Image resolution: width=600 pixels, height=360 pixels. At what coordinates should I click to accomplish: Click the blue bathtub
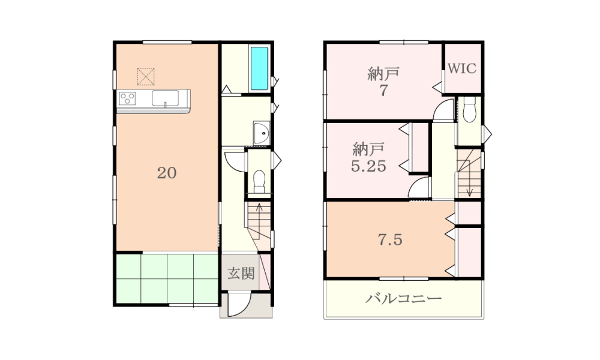[x=259, y=68]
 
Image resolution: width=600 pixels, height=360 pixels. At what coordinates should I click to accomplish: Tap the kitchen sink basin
[x=165, y=98]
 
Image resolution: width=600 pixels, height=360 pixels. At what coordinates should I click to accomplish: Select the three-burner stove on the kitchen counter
[x=127, y=98]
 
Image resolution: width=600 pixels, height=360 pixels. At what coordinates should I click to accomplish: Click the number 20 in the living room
[x=167, y=173]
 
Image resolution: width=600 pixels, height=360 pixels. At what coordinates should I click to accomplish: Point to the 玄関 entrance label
[x=241, y=273]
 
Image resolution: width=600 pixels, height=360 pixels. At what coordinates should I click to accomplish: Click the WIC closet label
[x=462, y=68]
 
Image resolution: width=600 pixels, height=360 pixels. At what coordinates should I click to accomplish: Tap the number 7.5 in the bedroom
[x=390, y=239]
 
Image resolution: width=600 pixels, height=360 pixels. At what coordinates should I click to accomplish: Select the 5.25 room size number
[x=368, y=166]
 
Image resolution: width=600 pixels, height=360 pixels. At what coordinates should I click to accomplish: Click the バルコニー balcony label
[x=403, y=298]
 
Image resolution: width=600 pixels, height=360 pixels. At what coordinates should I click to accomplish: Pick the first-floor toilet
[x=259, y=181]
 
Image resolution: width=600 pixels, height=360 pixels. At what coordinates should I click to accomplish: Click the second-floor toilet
[x=469, y=109]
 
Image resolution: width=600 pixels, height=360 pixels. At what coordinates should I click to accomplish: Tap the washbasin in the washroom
[x=262, y=133]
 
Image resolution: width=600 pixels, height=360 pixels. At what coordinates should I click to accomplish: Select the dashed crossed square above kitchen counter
[x=146, y=77]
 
